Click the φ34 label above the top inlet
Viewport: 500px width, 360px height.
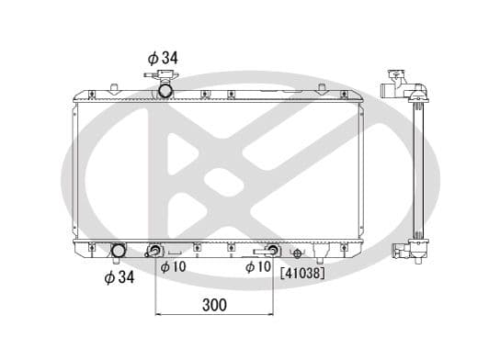click(162, 57)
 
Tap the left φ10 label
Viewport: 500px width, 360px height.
click(173, 267)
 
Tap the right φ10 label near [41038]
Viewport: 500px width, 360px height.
click(257, 267)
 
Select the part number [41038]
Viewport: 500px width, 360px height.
click(302, 272)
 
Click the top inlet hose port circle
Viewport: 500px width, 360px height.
click(165, 90)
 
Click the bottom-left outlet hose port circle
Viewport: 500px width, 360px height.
click(118, 251)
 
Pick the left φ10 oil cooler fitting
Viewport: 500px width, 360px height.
click(155, 250)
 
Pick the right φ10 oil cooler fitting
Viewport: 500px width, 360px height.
click(272, 250)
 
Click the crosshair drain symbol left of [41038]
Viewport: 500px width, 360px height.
click(296, 253)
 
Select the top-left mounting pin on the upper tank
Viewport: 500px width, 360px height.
click(112, 88)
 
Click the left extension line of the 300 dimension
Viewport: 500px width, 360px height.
click(155, 285)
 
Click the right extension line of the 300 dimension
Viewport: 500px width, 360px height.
click(273, 285)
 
